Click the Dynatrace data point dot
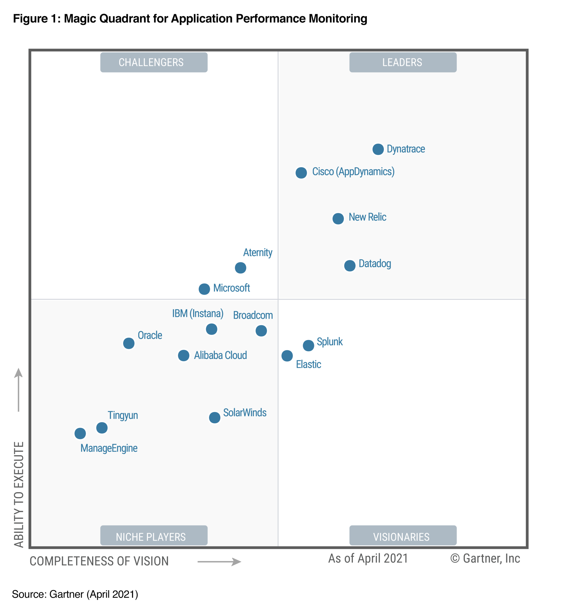378,149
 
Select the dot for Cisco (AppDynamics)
301,173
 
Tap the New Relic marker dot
338,219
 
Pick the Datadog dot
349,266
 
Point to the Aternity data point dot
240,268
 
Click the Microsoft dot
204,289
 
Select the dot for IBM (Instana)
211,329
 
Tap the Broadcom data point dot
261,331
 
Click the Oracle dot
128,343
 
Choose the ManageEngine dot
80,433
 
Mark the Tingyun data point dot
102,427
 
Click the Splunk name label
330,341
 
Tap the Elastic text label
308,364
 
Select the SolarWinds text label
245,412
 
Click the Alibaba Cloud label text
220,355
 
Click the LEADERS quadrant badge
403,62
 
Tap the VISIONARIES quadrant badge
403,537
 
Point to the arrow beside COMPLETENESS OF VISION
219,562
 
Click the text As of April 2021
368,558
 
